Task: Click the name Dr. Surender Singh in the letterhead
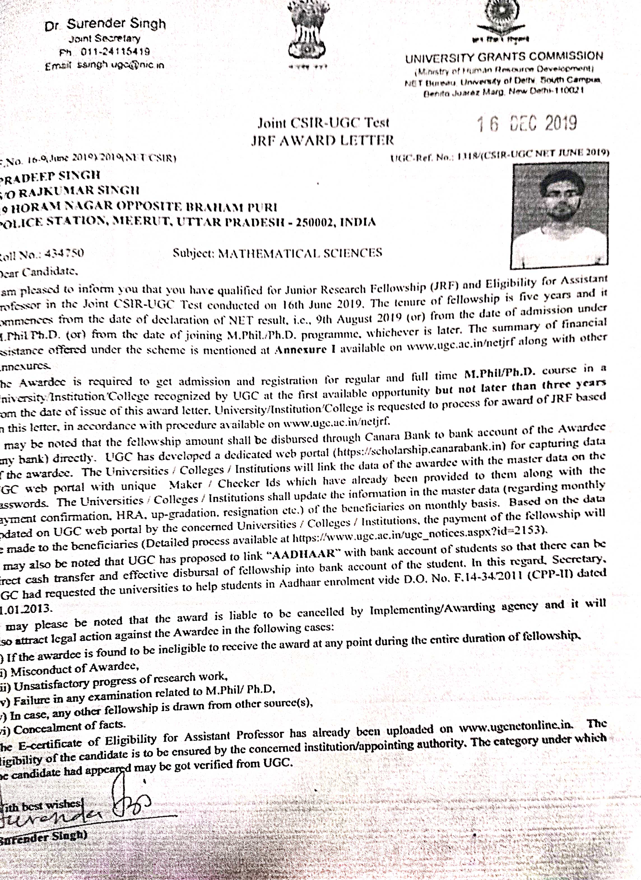pos(105,25)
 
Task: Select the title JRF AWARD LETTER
pos(322,140)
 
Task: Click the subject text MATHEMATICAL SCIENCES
pos(300,253)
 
